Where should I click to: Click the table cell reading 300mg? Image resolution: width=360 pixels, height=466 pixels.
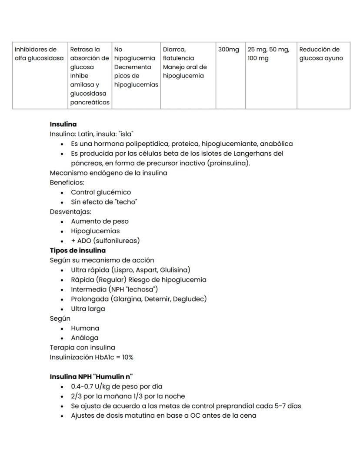tap(229, 50)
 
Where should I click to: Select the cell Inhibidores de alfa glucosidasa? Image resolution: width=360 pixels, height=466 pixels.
tap(39, 54)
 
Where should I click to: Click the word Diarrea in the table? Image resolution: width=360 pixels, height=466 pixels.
tap(174, 50)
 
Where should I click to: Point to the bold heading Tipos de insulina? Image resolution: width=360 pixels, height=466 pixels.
tap(77, 251)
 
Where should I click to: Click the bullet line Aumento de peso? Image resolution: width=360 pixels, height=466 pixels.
tap(100, 221)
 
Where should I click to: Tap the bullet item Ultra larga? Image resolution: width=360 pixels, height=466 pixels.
tap(88, 309)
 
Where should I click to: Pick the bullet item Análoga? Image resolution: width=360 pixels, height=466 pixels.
tap(85, 338)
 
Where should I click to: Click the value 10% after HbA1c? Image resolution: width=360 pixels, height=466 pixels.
tap(127, 357)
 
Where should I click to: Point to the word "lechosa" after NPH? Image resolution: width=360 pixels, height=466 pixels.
tap(143, 289)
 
